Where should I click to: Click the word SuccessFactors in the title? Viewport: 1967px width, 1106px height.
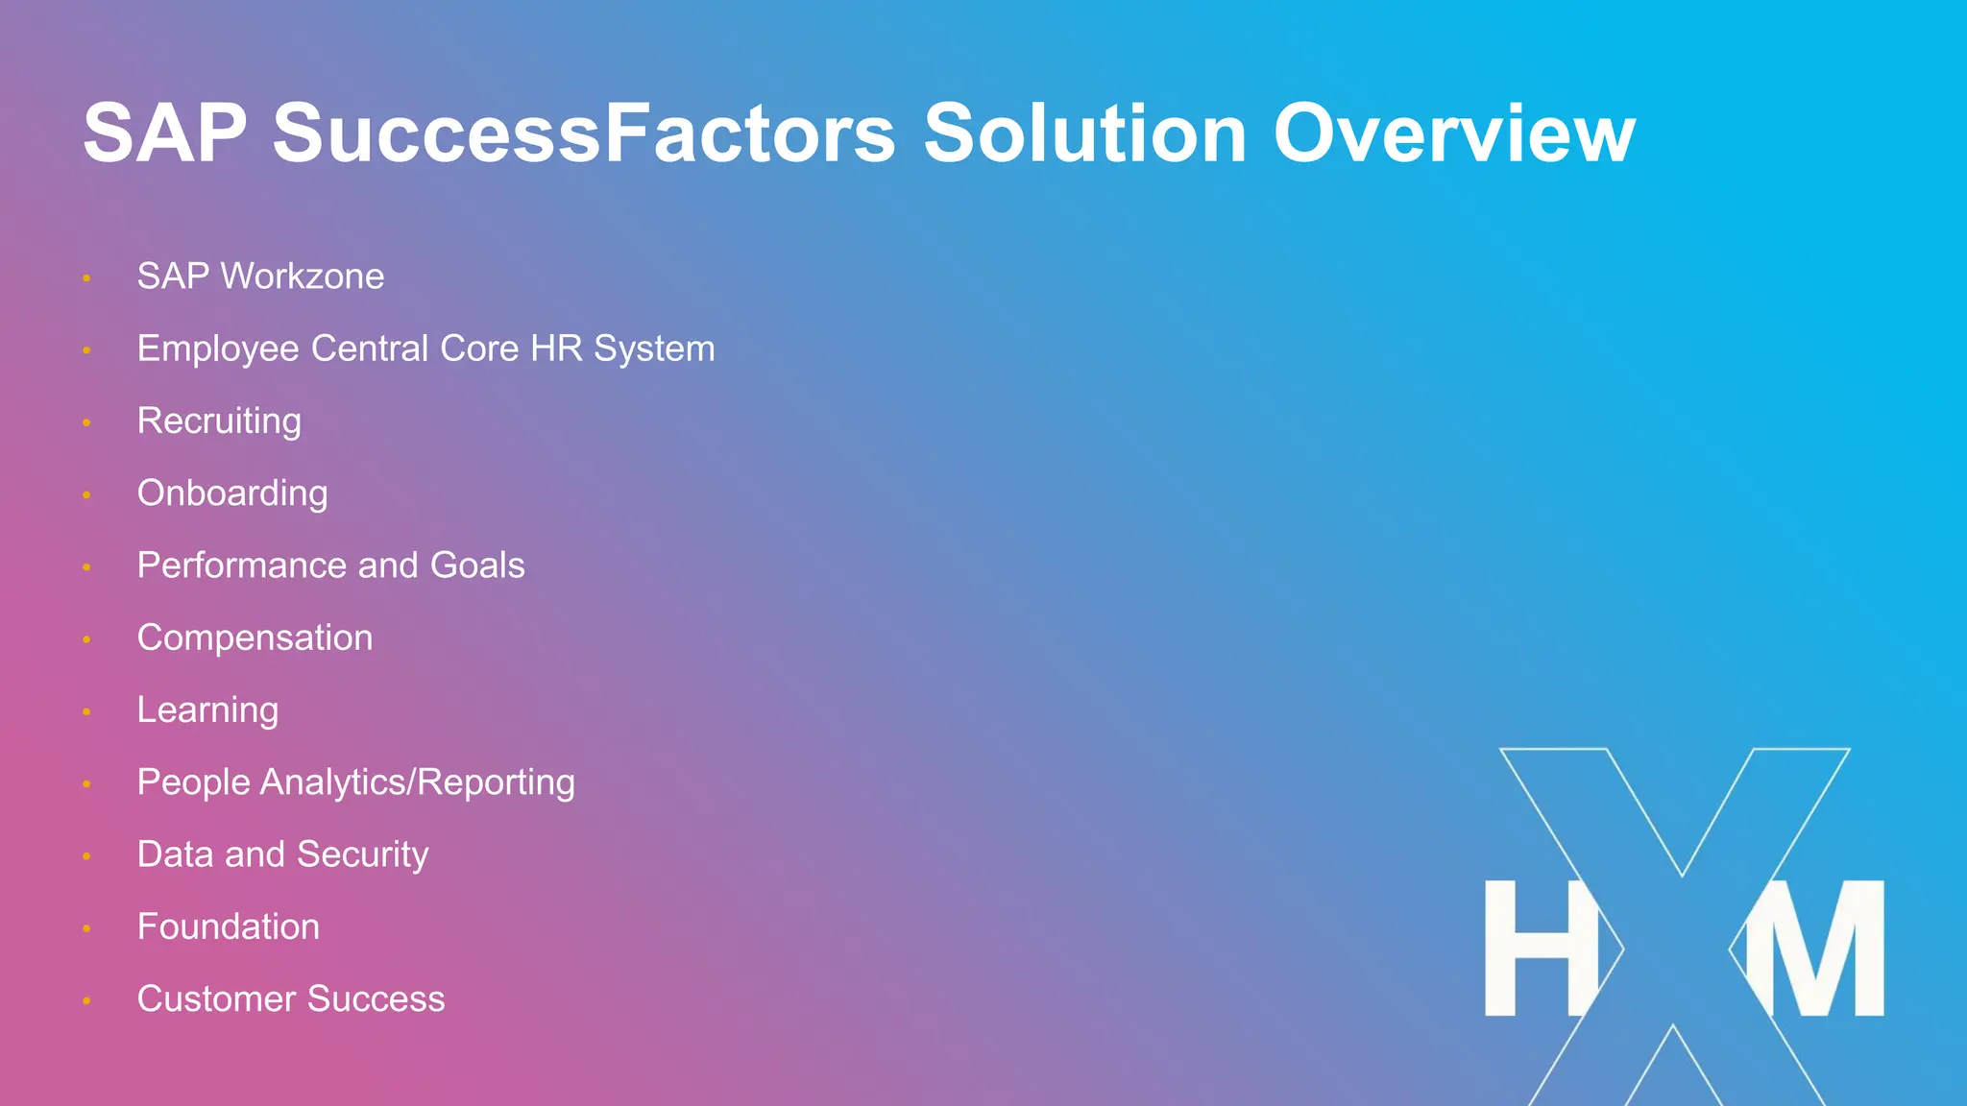coord(584,134)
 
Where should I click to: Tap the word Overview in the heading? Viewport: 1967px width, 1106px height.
coord(1453,134)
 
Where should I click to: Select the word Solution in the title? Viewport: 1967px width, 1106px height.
coord(1084,134)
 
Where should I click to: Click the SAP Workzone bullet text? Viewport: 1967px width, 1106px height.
coord(260,276)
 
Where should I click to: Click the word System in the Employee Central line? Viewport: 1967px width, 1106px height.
coord(654,349)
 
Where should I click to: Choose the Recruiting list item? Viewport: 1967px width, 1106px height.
coord(219,421)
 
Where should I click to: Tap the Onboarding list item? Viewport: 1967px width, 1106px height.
coord(232,493)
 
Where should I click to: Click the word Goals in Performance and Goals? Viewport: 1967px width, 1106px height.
coord(477,565)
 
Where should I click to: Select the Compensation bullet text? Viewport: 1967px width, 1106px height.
coord(255,638)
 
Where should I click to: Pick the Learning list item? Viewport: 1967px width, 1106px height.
coord(207,710)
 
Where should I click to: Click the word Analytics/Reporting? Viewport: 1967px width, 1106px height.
coord(417,782)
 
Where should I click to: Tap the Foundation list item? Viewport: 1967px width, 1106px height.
coord(229,926)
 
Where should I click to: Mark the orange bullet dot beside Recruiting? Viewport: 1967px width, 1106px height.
coord(86,422)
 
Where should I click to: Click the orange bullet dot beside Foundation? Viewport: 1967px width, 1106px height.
coord(86,928)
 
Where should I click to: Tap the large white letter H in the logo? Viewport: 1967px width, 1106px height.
coord(1540,949)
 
